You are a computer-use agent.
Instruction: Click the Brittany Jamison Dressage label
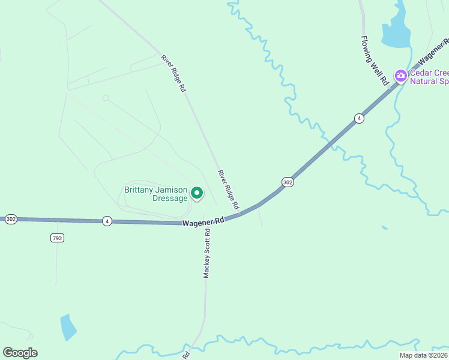tap(155, 194)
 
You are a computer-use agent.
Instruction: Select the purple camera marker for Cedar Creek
tap(400, 76)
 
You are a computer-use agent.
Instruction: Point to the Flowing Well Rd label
tap(375, 61)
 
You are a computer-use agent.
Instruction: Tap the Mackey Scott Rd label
tap(206, 253)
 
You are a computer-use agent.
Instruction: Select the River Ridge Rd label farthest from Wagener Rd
tap(173, 73)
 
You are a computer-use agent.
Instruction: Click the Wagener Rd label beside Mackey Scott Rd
tap(203, 221)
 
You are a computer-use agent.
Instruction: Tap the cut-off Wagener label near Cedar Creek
tap(435, 52)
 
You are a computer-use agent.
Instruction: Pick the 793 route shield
tap(57, 238)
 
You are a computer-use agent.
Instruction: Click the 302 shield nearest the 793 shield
tap(11, 220)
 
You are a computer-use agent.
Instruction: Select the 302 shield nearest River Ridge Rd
tap(288, 182)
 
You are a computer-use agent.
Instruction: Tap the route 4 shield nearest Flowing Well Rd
tap(358, 118)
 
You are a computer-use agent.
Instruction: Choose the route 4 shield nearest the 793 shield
tap(107, 221)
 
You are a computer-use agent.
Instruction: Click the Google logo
tap(20, 353)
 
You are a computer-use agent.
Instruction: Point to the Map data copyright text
tap(423, 355)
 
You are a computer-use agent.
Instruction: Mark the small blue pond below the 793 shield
tap(68, 327)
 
